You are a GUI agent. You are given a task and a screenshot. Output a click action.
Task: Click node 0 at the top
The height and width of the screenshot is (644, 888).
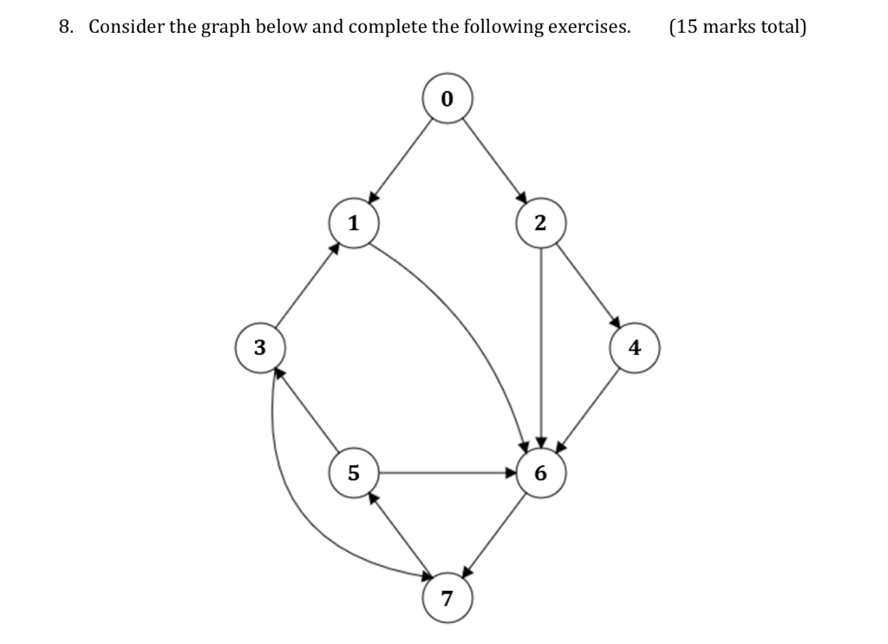(447, 99)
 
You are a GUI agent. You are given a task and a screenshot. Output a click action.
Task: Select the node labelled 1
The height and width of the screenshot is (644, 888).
(353, 223)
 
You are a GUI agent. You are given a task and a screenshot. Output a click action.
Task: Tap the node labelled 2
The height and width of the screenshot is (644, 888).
(541, 223)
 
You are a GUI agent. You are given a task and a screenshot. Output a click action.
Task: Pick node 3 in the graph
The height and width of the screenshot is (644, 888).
(259, 347)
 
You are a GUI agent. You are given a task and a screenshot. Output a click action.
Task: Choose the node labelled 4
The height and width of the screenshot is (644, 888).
(635, 347)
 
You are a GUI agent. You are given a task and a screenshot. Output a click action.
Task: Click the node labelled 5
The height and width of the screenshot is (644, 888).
(353, 473)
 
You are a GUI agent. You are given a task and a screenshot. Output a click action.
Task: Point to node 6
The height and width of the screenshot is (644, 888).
(541, 473)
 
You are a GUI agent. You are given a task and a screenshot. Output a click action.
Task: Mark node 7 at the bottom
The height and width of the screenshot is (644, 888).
(447, 598)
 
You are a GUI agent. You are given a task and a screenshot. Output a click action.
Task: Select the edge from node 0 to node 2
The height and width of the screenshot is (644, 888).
(493, 161)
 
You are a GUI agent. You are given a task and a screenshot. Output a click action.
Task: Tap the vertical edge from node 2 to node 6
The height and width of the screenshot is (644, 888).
(541, 347)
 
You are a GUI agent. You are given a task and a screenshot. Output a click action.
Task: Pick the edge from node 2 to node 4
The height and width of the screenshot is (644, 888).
(588, 286)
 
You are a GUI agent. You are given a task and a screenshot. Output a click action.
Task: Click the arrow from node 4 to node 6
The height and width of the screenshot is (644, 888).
(589, 409)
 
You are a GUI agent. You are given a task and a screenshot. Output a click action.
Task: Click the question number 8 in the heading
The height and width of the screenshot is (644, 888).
(65, 27)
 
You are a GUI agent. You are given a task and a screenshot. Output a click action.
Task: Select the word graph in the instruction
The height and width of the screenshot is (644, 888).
(226, 27)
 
